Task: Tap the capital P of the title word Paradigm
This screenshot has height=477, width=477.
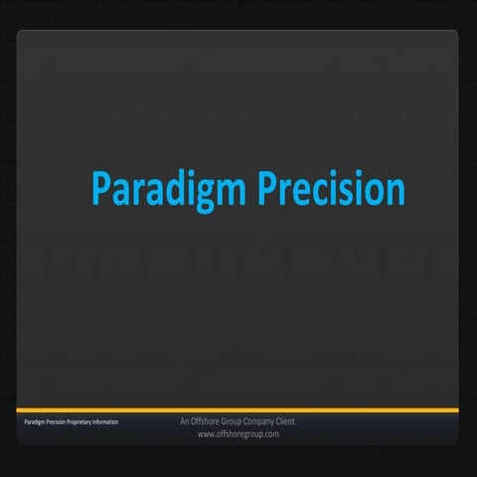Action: click(99, 189)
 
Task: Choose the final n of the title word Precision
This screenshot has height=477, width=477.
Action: click(395, 191)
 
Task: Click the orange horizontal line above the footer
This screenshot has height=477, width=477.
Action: click(238, 409)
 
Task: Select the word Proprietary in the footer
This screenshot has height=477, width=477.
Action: click(83, 423)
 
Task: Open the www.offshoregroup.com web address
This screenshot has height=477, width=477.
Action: click(238, 434)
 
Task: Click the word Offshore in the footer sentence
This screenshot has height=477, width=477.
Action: click(206, 421)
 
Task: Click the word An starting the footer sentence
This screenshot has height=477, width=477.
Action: click(185, 421)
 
